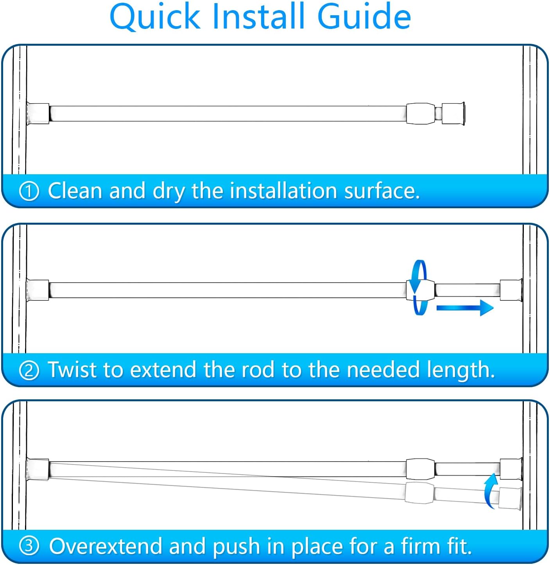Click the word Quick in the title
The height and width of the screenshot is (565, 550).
[155, 17]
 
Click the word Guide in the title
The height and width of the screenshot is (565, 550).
[364, 16]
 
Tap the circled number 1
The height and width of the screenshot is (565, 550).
[29, 191]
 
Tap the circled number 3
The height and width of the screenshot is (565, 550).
[29, 546]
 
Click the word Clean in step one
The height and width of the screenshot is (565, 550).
[75, 191]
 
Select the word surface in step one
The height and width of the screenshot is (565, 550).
[382, 191]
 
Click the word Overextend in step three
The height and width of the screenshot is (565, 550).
[106, 546]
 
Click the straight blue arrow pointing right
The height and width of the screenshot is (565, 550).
[465, 308]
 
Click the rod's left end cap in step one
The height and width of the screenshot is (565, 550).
[38, 114]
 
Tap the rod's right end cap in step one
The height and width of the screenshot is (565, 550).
[453, 114]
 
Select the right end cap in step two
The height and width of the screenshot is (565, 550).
[511, 290]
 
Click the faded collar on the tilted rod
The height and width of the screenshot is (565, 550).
[419, 492]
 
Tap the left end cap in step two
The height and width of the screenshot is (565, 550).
[38, 290]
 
